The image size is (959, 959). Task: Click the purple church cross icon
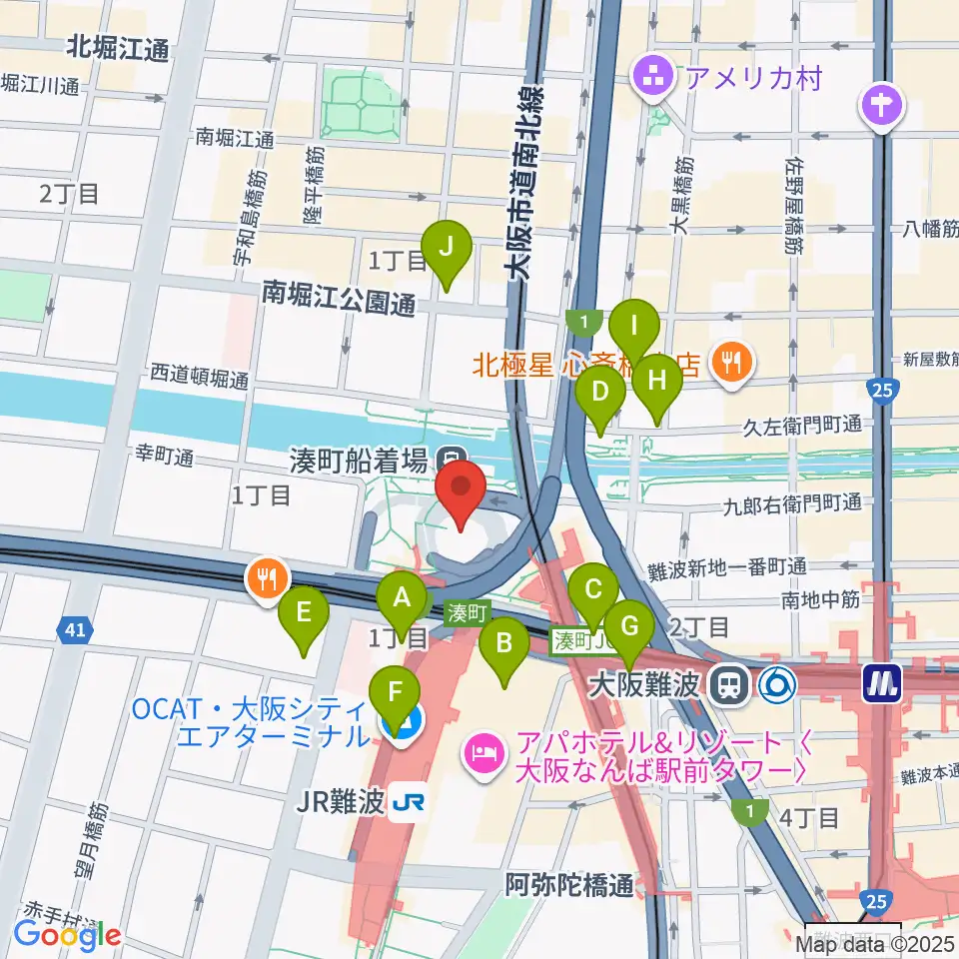click(882, 103)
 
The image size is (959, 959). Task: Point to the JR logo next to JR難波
click(408, 804)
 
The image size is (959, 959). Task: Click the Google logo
click(67, 935)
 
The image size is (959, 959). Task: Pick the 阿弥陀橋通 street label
click(568, 884)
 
